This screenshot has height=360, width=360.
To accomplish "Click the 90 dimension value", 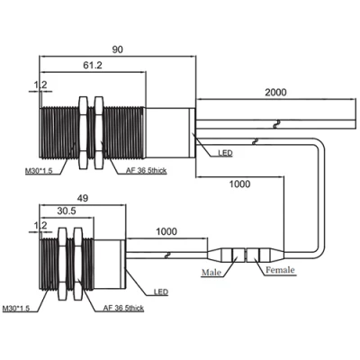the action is click(x=118, y=49).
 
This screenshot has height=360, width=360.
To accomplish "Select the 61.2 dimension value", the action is click(x=93, y=65).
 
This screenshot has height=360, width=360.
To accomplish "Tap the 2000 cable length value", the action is click(x=275, y=93).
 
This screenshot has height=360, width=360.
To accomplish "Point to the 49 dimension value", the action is click(x=83, y=198).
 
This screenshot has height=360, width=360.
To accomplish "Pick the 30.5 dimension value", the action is click(x=67, y=211).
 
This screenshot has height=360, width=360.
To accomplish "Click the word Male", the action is click(x=211, y=273).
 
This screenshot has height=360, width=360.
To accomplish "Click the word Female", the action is click(x=280, y=270).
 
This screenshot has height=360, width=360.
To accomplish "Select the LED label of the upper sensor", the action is click(x=225, y=153).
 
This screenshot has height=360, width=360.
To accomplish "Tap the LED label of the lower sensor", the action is click(x=161, y=292).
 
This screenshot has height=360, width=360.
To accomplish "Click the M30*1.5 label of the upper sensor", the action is click(x=39, y=171).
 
